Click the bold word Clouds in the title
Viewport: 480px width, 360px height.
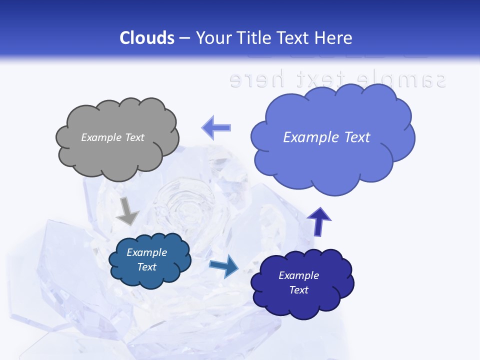[146, 38]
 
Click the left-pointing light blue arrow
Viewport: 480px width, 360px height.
[216, 127]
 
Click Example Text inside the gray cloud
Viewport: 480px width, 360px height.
[112, 137]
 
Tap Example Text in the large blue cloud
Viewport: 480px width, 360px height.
[326, 137]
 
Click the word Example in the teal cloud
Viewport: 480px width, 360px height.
[146, 252]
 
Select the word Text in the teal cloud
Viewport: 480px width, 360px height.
[146, 267]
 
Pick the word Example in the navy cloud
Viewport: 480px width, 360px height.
[298, 275]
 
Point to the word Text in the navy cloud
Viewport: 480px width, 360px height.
[298, 290]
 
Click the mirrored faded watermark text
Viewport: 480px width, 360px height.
[337, 79]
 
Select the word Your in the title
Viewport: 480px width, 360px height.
[212, 38]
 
